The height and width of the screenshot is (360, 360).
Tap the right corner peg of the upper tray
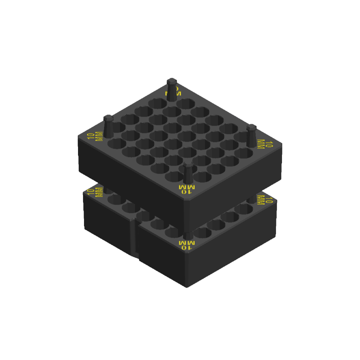point(251,137)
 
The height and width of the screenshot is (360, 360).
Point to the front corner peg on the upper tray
point(188,173)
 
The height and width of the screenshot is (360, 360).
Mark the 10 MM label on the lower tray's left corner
point(95,192)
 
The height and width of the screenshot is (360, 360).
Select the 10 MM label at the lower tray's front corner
point(187,245)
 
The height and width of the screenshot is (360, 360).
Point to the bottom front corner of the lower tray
point(187,286)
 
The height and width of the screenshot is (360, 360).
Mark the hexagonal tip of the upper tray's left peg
point(108,118)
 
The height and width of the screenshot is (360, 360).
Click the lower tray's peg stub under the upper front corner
point(188,235)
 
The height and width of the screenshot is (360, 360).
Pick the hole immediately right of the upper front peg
point(202,177)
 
